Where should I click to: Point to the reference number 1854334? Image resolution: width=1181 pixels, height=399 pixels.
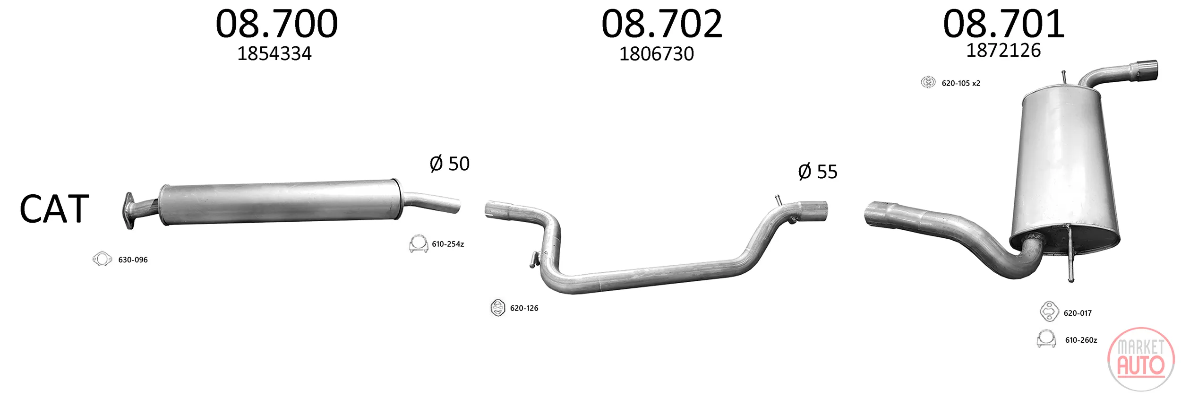[274, 54]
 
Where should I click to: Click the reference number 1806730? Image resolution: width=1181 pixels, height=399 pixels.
[657, 54]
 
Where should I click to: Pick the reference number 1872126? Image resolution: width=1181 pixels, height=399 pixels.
[1003, 50]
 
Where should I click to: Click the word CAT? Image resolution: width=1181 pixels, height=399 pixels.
[54, 209]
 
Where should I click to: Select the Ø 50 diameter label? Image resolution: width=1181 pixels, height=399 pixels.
[450, 164]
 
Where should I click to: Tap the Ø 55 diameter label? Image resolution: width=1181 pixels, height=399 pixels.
[818, 172]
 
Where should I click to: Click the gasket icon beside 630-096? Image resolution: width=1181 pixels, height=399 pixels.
[102, 259]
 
